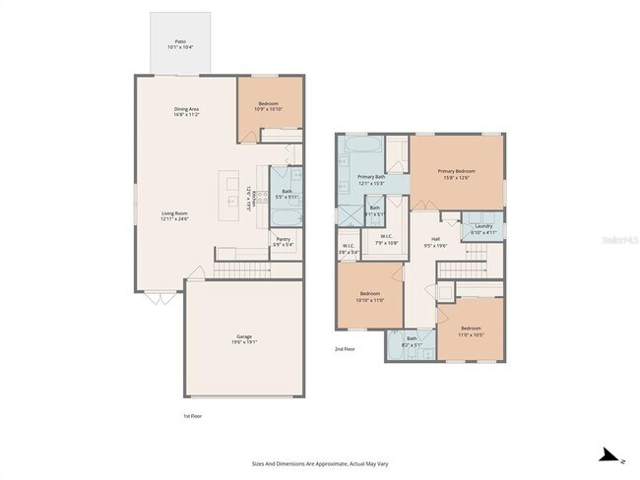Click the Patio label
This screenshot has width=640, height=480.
click(x=180, y=44)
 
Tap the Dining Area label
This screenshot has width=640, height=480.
click(x=187, y=111)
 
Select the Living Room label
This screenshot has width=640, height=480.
click(x=174, y=215)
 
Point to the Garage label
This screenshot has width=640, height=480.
click(x=243, y=338)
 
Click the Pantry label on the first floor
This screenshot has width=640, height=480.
click(x=283, y=241)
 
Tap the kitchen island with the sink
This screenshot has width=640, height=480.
click(x=233, y=192)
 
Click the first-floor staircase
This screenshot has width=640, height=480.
click(x=241, y=270)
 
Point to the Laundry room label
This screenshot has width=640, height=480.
click(x=482, y=228)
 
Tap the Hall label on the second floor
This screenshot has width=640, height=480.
click(x=435, y=242)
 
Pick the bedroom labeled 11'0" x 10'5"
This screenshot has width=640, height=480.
click(x=471, y=330)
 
